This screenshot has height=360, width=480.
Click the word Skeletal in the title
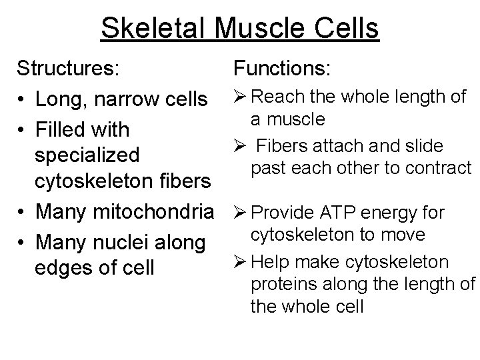[x=149, y=29]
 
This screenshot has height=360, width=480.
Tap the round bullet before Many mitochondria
[x=23, y=213]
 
